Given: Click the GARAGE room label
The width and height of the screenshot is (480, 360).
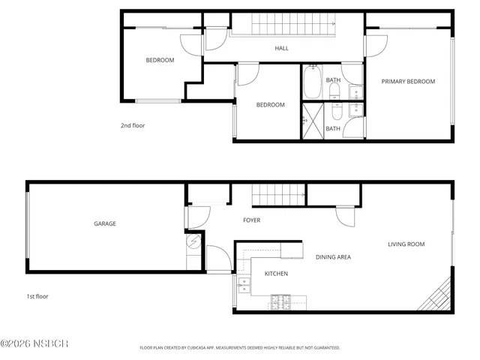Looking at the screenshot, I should [x=104, y=223].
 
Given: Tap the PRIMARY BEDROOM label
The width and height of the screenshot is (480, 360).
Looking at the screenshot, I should [x=408, y=81].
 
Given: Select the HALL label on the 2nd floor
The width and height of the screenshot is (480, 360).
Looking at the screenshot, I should [x=281, y=49].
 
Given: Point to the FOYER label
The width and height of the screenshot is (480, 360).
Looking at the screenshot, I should [x=251, y=220].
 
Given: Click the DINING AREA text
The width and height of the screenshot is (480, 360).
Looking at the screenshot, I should [x=333, y=257].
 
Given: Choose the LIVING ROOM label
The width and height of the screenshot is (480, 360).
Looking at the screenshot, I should [x=406, y=244].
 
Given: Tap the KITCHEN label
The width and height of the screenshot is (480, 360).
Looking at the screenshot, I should [x=276, y=274].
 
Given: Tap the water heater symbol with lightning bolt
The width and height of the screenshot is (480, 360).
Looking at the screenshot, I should [x=193, y=243].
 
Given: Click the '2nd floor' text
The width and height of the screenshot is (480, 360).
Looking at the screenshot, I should [x=133, y=126].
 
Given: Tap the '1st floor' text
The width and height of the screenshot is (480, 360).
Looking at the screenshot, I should [x=37, y=296].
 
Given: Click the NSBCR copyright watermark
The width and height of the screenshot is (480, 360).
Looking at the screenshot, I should [x=34, y=344].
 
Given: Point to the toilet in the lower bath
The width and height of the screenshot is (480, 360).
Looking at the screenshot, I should [x=336, y=110].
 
